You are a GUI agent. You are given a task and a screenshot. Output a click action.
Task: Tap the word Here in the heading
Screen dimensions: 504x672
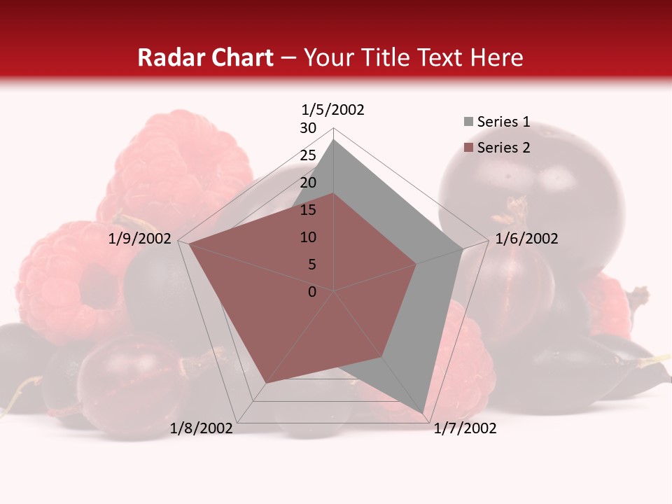point(497,58)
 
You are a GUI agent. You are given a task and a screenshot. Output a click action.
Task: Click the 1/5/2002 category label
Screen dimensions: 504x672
point(333,110)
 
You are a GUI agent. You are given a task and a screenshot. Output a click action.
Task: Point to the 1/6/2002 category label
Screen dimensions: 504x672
point(526,239)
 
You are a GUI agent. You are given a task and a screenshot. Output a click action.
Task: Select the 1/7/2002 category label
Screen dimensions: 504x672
point(465,428)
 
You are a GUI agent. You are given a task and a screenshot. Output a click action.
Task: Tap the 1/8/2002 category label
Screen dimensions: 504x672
point(202,428)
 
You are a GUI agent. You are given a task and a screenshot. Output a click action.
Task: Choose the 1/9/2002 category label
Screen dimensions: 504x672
point(140,239)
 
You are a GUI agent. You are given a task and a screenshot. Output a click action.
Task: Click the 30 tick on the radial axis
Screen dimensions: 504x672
point(308,128)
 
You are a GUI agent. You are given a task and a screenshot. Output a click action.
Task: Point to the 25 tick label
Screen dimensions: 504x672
point(308,155)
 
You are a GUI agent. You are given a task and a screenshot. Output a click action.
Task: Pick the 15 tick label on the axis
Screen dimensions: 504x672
point(308,210)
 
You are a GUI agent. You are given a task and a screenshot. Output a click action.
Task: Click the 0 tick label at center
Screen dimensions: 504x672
point(312,292)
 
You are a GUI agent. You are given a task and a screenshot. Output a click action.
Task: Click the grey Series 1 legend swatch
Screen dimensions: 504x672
point(468,122)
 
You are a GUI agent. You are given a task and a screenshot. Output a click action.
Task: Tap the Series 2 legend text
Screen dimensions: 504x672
point(503,148)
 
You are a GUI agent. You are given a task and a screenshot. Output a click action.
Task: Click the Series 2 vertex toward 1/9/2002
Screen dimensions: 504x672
point(189,244)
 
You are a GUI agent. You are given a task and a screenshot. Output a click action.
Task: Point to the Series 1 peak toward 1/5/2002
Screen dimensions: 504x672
point(334,139)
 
